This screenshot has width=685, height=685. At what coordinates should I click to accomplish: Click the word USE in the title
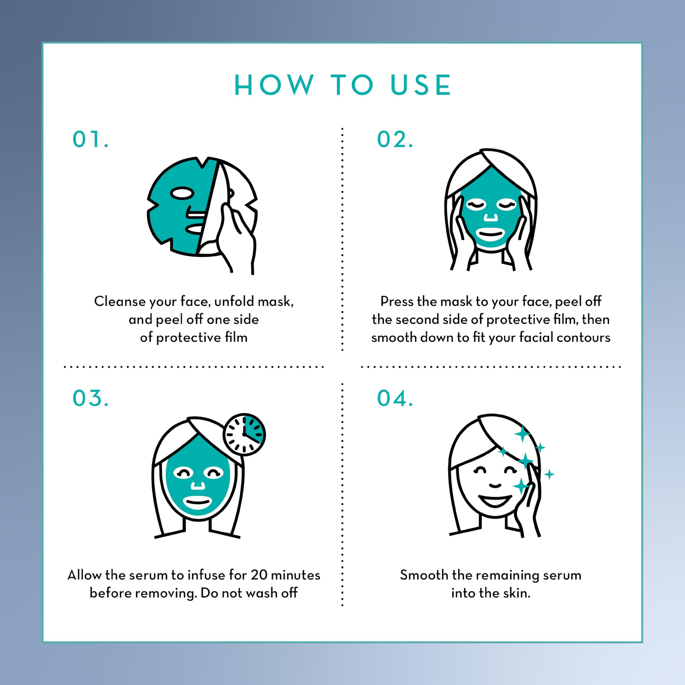coord(421,85)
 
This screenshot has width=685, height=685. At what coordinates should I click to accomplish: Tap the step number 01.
coord(90,139)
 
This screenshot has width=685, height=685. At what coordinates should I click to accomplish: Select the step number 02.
coord(395,139)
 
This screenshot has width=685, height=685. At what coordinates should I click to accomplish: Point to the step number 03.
coord(90,398)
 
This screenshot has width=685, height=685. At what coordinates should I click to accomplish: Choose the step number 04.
coord(395,398)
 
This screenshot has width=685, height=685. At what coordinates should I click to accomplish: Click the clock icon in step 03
coord(244,434)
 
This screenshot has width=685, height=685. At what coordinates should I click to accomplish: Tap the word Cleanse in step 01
coord(120,301)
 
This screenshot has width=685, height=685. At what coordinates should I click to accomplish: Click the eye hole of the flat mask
coord(182,193)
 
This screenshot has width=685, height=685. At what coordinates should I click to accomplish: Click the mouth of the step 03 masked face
coord(197,502)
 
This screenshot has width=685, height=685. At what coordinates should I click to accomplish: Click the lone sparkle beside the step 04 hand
coord(549,474)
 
